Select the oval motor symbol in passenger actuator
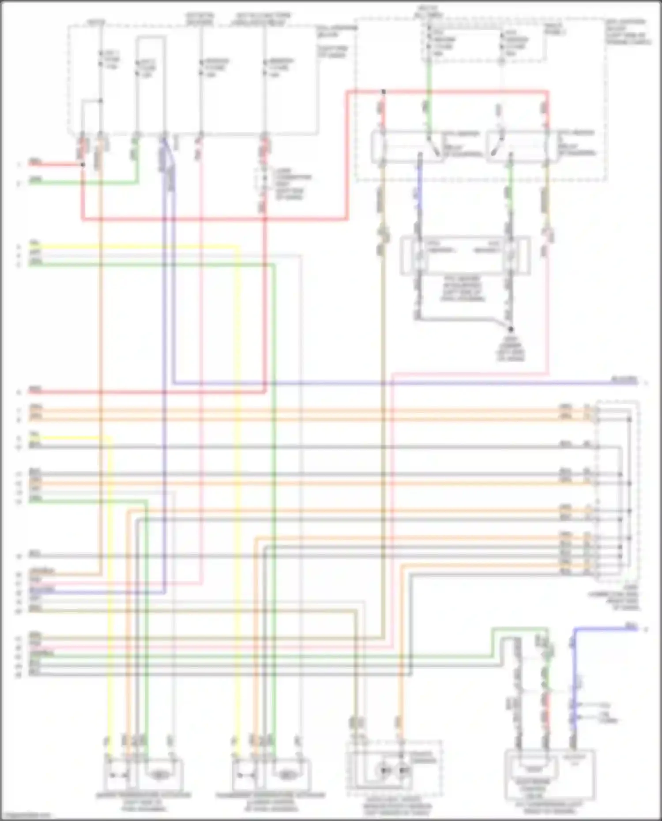[287, 774]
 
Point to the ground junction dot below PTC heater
[511, 329]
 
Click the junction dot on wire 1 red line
[83, 165]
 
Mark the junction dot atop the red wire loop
[384, 92]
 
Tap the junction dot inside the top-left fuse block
[101, 101]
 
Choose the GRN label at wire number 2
[35, 180]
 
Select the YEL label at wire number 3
[35, 244]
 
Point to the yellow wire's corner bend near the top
[239, 247]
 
